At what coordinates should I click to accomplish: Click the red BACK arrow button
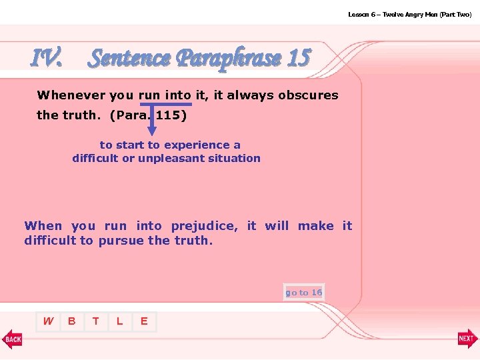click(12, 339)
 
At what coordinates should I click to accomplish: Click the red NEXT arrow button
click(467, 339)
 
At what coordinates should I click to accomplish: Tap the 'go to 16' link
click(304, 292)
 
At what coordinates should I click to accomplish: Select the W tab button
click(48, 321)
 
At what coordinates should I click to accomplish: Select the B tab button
click(71, 321)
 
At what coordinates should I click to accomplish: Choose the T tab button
click(96, 321)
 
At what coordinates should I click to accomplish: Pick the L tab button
click(119, 321)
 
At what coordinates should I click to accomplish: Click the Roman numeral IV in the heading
click(47, 59)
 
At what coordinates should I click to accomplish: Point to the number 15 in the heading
click(298, 59)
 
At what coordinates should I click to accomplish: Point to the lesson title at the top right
click(409, 14)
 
